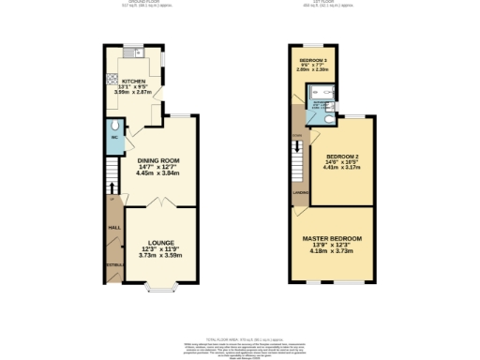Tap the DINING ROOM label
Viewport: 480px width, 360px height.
tap(157, 161)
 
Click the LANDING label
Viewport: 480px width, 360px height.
tap(301, 193)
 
